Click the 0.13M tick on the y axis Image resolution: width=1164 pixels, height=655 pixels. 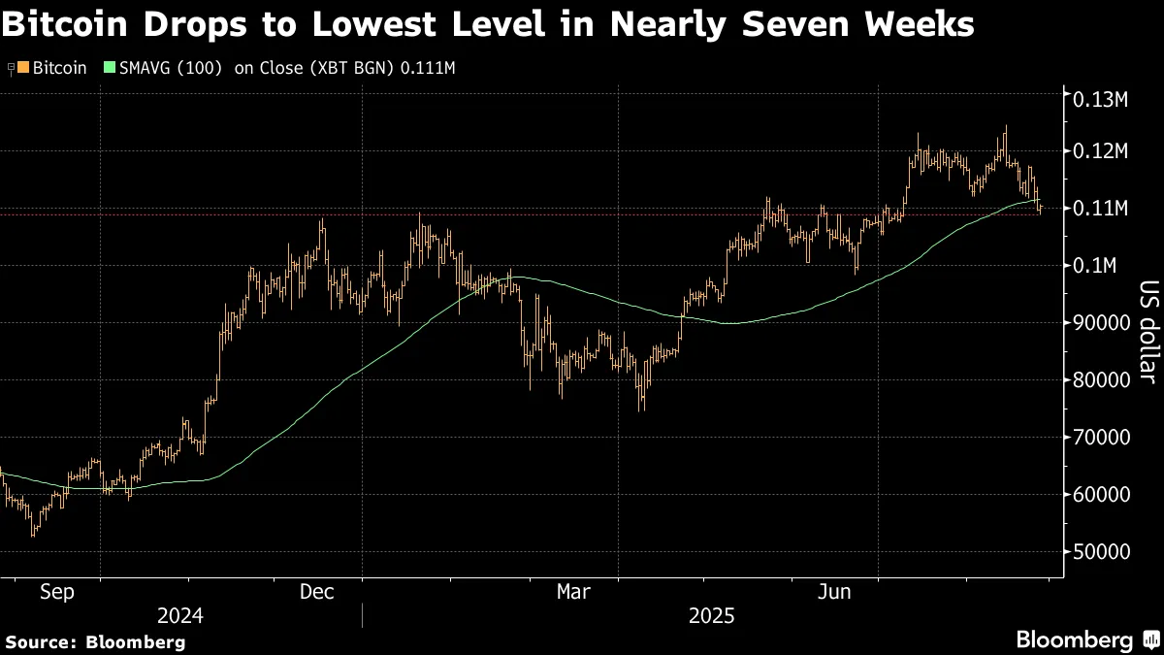[1099, 99]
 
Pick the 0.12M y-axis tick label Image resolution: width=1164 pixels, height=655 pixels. [1099, 151]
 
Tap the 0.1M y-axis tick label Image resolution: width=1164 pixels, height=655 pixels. [1093, 266]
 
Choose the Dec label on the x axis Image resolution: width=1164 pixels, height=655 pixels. [317, 592]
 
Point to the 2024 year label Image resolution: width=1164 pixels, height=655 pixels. [180, 616]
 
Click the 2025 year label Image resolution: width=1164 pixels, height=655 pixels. [712, 616]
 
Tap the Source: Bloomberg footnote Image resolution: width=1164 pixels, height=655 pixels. [95, 641]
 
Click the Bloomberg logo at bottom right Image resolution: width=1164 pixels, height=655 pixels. [1086, 639]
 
